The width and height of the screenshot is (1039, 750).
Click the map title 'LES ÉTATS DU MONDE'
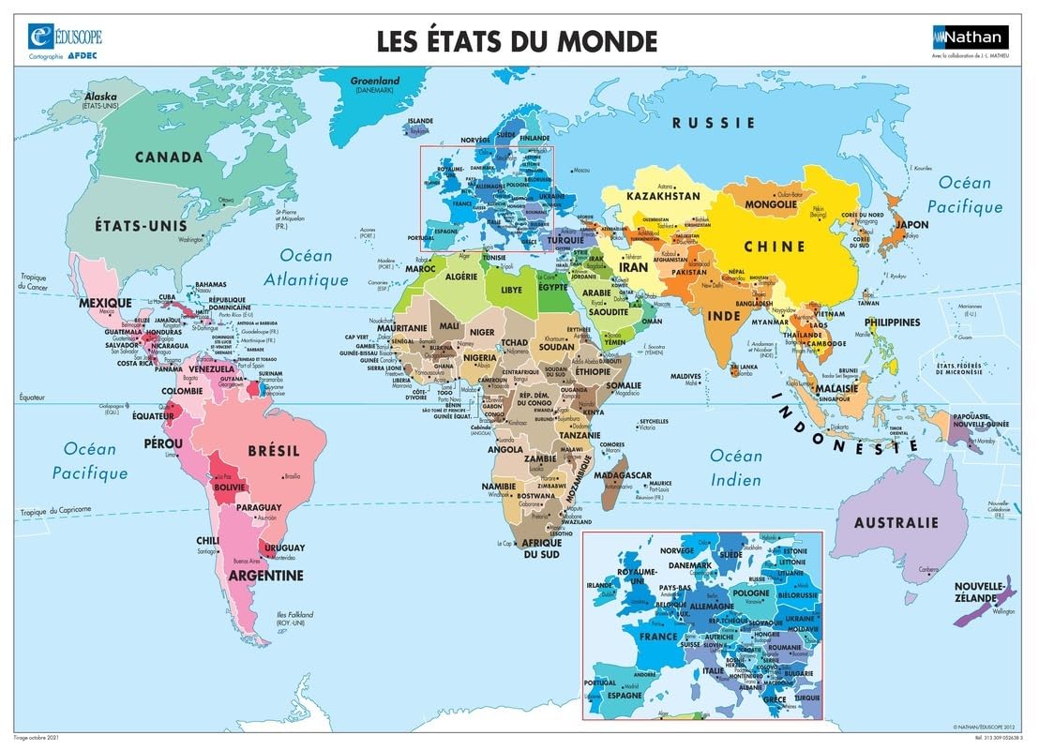(517, 41)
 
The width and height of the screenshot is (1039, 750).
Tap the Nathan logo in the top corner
(970, 37)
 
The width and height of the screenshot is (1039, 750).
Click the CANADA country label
(169, 157)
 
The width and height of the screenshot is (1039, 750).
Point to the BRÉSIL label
(274, 451)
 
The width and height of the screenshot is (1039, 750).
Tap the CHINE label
(775, 247)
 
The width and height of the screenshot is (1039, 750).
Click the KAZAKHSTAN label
(664, 197)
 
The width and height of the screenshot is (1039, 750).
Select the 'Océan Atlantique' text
(307, 267)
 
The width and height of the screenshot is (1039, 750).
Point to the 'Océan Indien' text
(736, 466)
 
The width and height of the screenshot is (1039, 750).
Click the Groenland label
(375, 81)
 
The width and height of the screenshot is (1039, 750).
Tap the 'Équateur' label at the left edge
(32, 398)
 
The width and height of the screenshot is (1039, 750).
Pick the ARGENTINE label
(267, 575)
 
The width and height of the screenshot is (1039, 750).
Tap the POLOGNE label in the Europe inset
(750, 593)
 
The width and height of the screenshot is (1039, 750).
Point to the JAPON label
(912, 225)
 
